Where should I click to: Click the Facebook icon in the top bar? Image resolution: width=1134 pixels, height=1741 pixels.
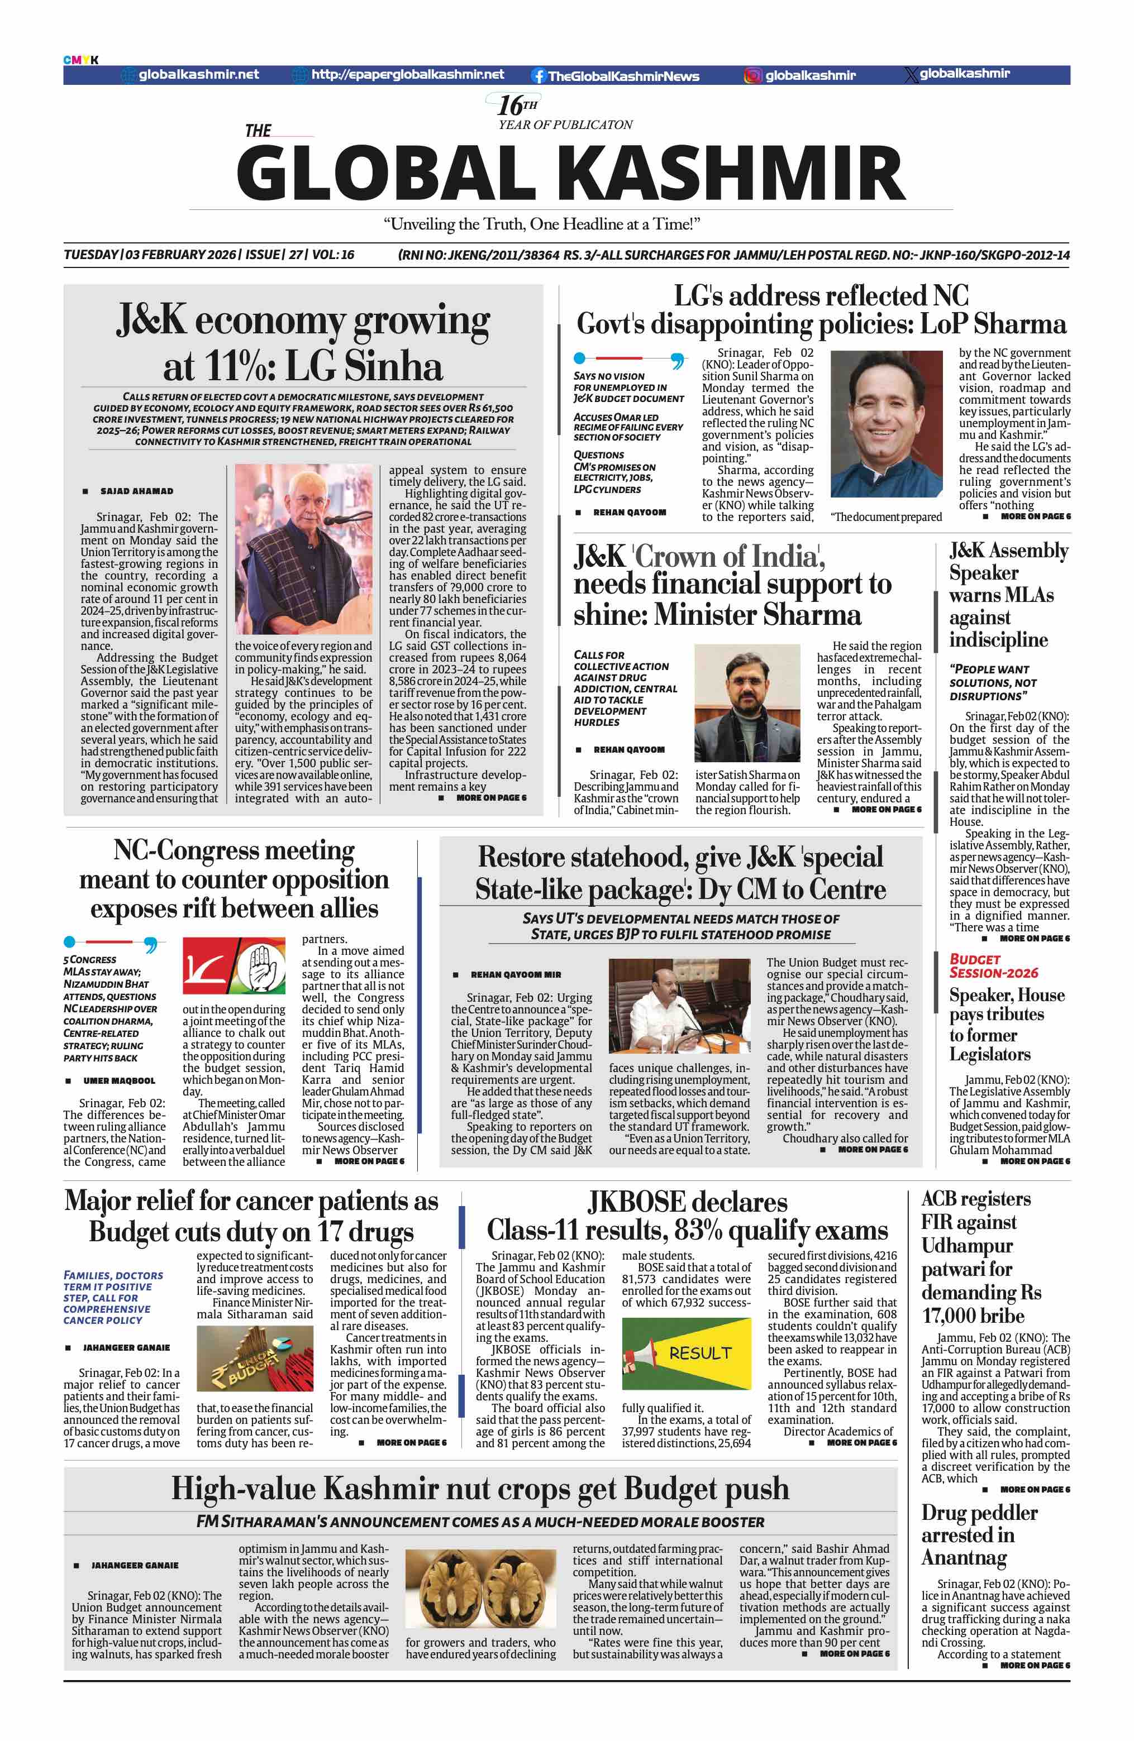click(x=539, y=75)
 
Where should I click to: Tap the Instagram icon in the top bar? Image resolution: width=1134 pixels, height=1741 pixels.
click(x=753, y=75)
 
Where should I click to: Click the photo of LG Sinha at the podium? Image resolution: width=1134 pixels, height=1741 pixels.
click(x=303, y=549)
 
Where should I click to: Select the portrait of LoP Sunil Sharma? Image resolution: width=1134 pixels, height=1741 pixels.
click(x=886, y=424)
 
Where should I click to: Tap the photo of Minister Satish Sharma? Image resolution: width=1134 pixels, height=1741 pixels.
click(x=747, y=702)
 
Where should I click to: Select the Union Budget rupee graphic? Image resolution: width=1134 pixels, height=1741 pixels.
click(x=255, y=1359)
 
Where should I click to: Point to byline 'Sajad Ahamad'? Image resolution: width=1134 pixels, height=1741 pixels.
click(x=137, y=491)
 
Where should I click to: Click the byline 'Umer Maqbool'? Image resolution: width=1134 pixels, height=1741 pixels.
click(x=118, y=1080)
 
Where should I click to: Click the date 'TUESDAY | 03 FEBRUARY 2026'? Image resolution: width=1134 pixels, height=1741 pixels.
click(x=150, y=255)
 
